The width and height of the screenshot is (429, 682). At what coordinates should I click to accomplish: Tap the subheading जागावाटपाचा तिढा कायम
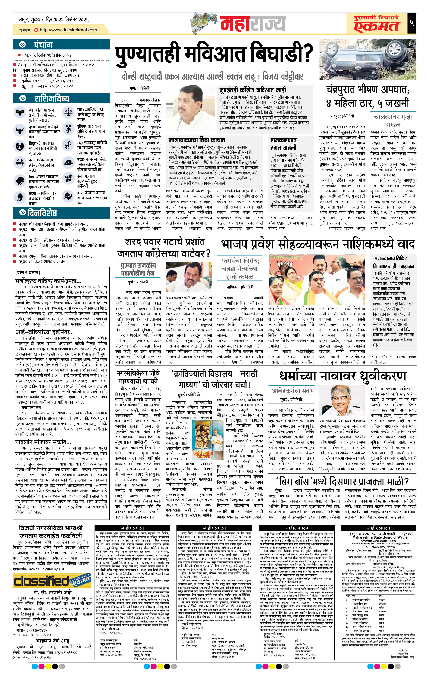[197, 140]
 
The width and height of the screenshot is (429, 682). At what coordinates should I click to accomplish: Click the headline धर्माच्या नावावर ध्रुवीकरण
[343, 376]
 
